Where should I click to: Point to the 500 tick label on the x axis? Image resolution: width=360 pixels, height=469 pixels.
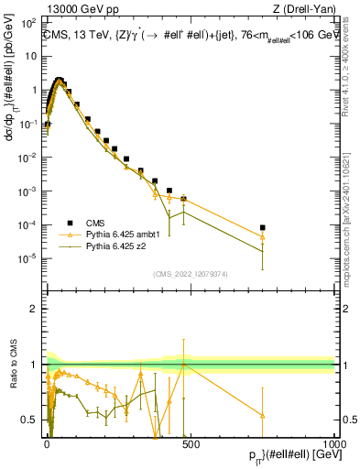191,442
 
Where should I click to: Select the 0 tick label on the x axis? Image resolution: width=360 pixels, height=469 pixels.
47,442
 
